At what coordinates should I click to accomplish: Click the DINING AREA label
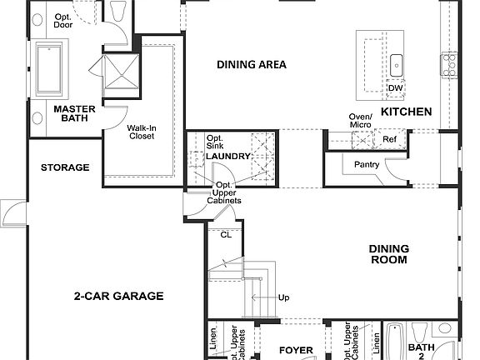252,64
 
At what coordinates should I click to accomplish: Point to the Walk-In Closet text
141,132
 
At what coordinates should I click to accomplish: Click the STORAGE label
65,167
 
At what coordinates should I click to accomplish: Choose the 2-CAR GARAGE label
118,296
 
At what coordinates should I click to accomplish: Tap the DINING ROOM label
388,254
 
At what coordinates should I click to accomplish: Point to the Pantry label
367,165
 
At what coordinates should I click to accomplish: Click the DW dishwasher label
395,88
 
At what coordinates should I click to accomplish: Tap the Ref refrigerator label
389,139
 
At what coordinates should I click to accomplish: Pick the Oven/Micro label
361,120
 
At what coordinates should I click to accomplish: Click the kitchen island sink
397,63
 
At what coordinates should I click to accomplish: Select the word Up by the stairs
284,297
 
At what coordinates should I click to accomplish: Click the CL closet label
226,235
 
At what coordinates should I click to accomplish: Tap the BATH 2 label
421,351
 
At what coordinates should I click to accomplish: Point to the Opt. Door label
63,21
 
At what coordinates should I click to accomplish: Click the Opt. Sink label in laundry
215,142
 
